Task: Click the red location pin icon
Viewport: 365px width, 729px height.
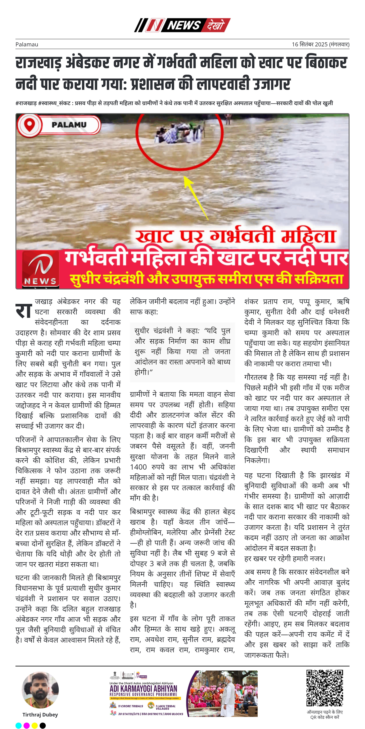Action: (29, 125)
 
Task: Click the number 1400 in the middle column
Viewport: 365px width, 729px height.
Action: (138, 467)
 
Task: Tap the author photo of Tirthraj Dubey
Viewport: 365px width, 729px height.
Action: (40, 691)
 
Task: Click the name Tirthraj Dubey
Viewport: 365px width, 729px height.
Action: (40, 715)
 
